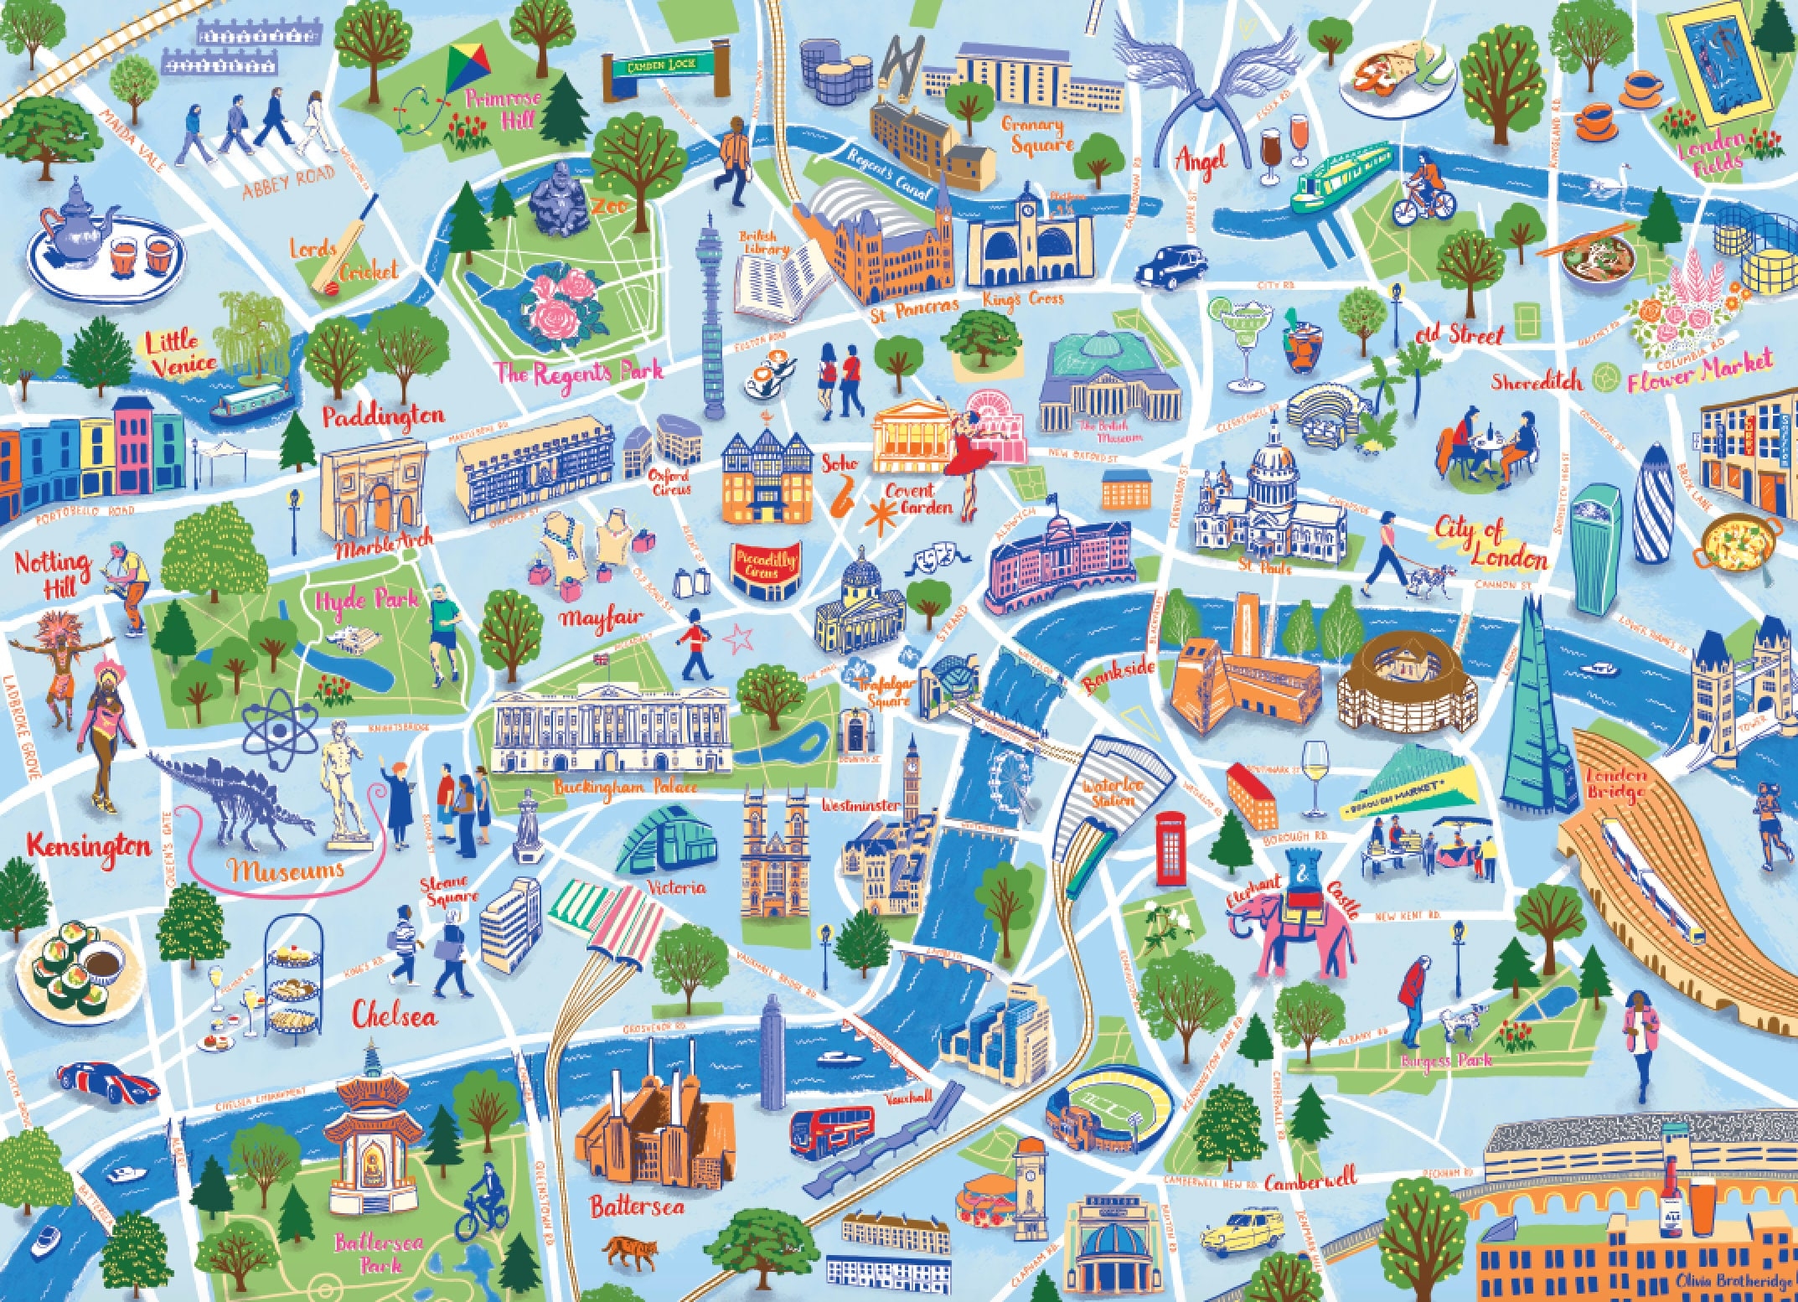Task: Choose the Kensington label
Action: [x=89, y=846]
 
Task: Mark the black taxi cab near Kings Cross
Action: [x=1169, y=266]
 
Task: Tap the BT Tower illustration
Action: [x=710, y=318]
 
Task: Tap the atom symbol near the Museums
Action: [x=281, y=727]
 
